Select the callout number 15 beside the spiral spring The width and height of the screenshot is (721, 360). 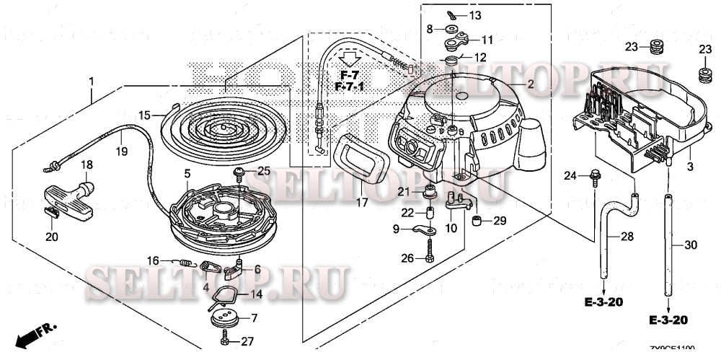(x=144, y=115)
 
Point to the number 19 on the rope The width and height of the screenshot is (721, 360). (x=120, y=152)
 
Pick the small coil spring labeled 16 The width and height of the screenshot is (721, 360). (x=185, y=263)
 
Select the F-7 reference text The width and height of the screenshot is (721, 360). (x=350, y=75)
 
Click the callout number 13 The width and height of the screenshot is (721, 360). (x=474, y=15)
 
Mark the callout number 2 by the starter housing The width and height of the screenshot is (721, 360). (x=530, y=84)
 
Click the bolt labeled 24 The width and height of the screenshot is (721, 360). (x=596, y=174)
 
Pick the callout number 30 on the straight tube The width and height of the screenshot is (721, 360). (x=691, y=245)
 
